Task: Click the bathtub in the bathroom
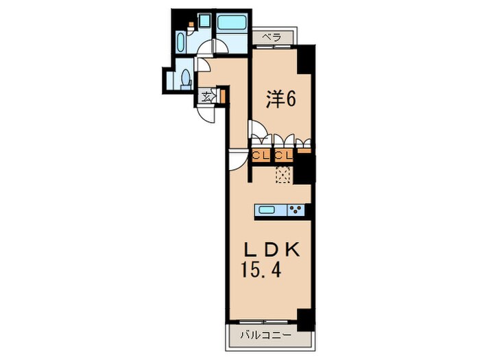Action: pyautogui.click(x=232, y=22)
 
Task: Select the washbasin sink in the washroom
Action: pyautogui.click(x=181, y=43)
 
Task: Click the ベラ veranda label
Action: pyautogui.click(x=272, y=38)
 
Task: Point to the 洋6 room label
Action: pyautogui.click(x=280, y=99)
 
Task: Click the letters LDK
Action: pyautogui.click(x=272, y=251)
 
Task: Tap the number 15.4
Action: pyautogui.click(x=261, y=270)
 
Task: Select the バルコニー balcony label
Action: pyautogui.click(x=265, y=335)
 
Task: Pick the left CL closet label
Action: pyautogui.click(x=261, y=156)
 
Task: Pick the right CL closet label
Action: pyautogui.click(x=284, y=156)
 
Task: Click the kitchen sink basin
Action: pyautogui.click(x=267, y=211)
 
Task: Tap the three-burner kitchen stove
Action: pyautogui.click(x=296, y=210)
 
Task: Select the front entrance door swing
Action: pyautogui.click(x=206, y=114)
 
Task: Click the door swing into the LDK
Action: pyautogui.click(x=238, y=160)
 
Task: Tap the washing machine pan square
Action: pyautogui.click(x=203, y=21)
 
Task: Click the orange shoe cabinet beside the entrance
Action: pyautogui.click(x=223, y=95)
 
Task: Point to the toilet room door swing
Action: pyautogui.click(x=203, y=65)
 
